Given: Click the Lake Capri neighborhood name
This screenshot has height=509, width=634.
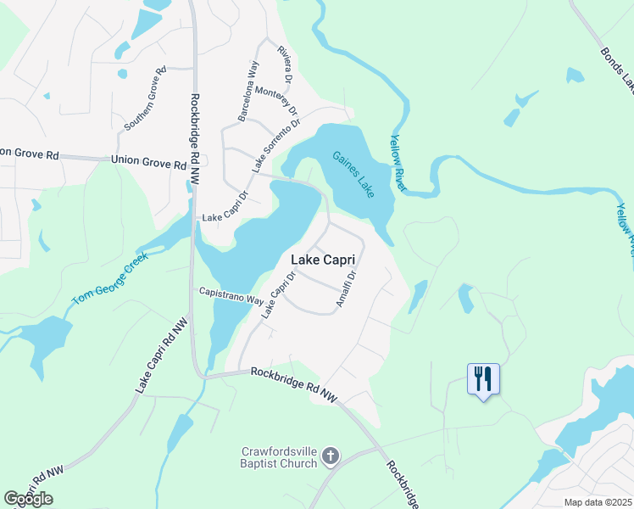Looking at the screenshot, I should [x=322, y=260].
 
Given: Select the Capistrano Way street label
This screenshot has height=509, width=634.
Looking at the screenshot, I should [x=231, y=296].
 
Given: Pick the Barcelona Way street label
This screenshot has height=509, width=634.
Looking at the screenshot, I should [x=247, y=92].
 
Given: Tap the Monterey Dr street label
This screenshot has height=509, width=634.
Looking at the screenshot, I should [x=282, y=99].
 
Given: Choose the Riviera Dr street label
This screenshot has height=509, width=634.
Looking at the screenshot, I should [x=285, y=61].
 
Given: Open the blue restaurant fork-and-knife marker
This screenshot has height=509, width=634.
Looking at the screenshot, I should [x=483, y=378].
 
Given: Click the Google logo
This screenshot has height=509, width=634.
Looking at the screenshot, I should [x=28, y=499].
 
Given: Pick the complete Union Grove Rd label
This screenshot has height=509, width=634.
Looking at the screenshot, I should [x=147, y=161].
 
